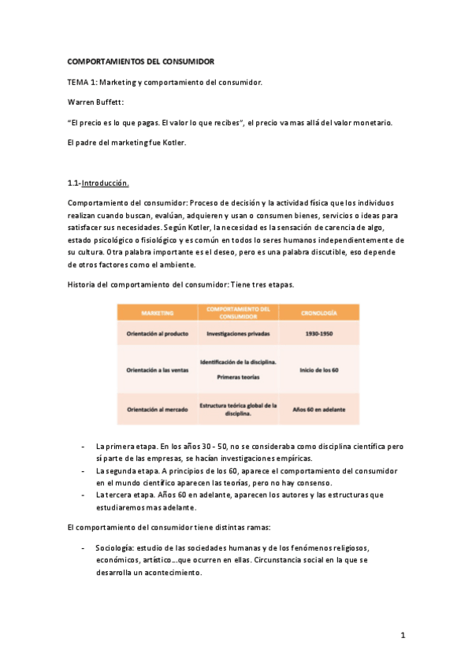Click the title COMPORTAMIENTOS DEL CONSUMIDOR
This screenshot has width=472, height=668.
(x=140, y=61)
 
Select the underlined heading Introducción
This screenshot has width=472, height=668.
(x=106, y=183)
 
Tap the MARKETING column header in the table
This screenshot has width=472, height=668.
(x=157, y=312)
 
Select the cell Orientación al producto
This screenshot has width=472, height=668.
(x=157, y=334)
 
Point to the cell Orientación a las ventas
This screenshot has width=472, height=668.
(x=157, y=369)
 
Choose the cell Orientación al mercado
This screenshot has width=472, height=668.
(x=157, y=409)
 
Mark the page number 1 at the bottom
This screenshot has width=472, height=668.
(x=402, y=634)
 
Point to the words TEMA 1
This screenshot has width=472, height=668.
(x=83, y=81)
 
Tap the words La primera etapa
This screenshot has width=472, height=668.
(x=122, y=445)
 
